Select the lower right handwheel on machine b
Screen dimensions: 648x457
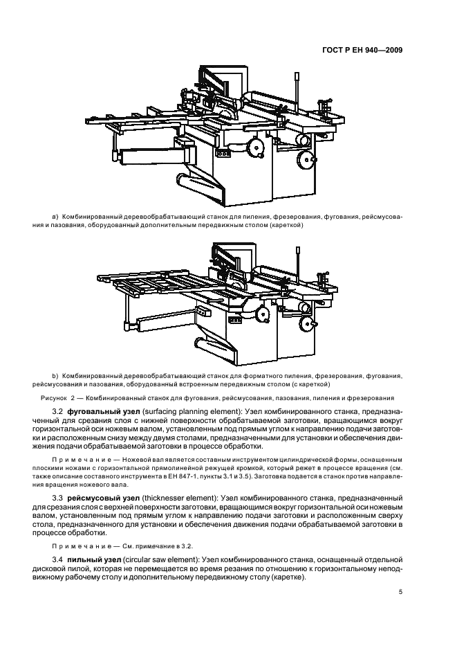(314, 323)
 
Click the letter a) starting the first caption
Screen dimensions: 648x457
(55, 216)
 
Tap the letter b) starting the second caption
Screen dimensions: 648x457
(55, 375)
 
